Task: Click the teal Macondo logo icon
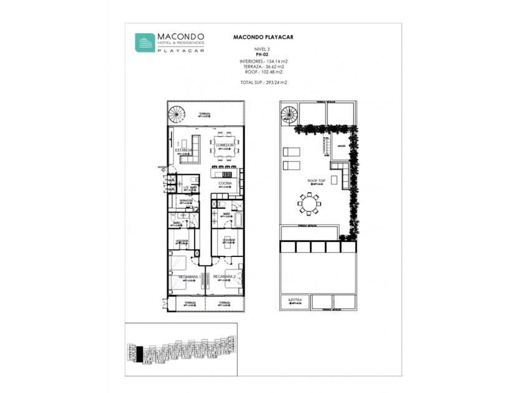pos(145,42)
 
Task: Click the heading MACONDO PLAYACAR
pos(263,37)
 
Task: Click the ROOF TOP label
pos(316,181)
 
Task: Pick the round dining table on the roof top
pos(309,203)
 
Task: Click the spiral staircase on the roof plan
pos(288,114)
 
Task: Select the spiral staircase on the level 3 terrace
pos(177,115)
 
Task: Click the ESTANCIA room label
pos(183,150)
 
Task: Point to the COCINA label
pos(225,183)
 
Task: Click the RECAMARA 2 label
pos(223,276)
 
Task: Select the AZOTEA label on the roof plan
pos(295,300)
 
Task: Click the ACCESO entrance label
pos(162,168)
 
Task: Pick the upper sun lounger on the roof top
pos(291,152)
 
